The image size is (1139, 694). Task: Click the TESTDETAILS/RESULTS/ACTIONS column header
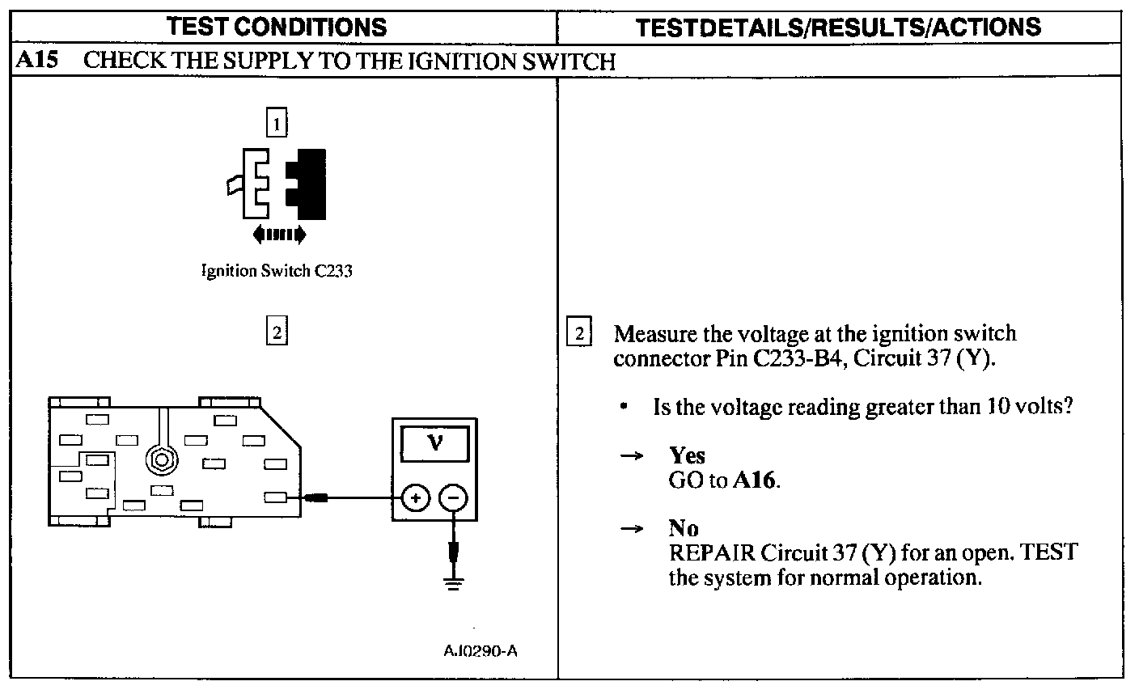click(x=838, y=27)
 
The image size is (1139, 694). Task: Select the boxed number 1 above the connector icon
click(x=277, y=124)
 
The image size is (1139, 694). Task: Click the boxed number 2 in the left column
click(x=277, y=332)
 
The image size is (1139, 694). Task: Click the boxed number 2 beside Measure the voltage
click(x=579, y=333)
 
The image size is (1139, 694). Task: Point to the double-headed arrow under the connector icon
click(x=279, y=235)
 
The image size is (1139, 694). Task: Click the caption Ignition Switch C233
click(x=277, y=271)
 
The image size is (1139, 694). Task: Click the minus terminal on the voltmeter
click(x=454, y=498)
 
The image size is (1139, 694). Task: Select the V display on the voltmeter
click(x=434, y=444)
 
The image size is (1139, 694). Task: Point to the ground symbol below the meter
click(x=455, y=582)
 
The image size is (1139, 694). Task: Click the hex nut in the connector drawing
click(x=161, y=460)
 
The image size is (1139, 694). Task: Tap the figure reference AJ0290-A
click(x=480, y=651)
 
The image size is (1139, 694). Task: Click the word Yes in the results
click(x=687, y=456)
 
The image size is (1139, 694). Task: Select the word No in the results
click(x=684, y=529)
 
